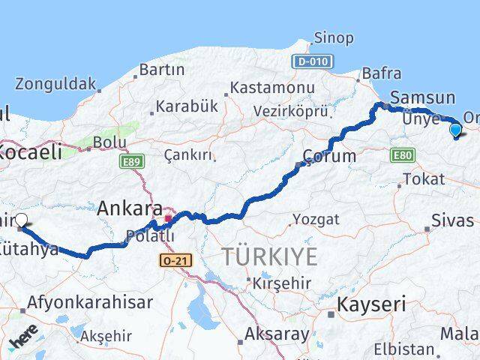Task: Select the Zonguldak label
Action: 55,83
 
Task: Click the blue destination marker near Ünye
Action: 455,130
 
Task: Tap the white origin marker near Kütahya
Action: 21,220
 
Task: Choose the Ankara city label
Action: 130,208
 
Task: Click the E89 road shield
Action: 130,160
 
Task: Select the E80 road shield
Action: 401,155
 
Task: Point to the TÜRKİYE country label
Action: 269,256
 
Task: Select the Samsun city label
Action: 422,97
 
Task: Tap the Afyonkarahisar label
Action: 90,303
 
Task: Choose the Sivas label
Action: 452,220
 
